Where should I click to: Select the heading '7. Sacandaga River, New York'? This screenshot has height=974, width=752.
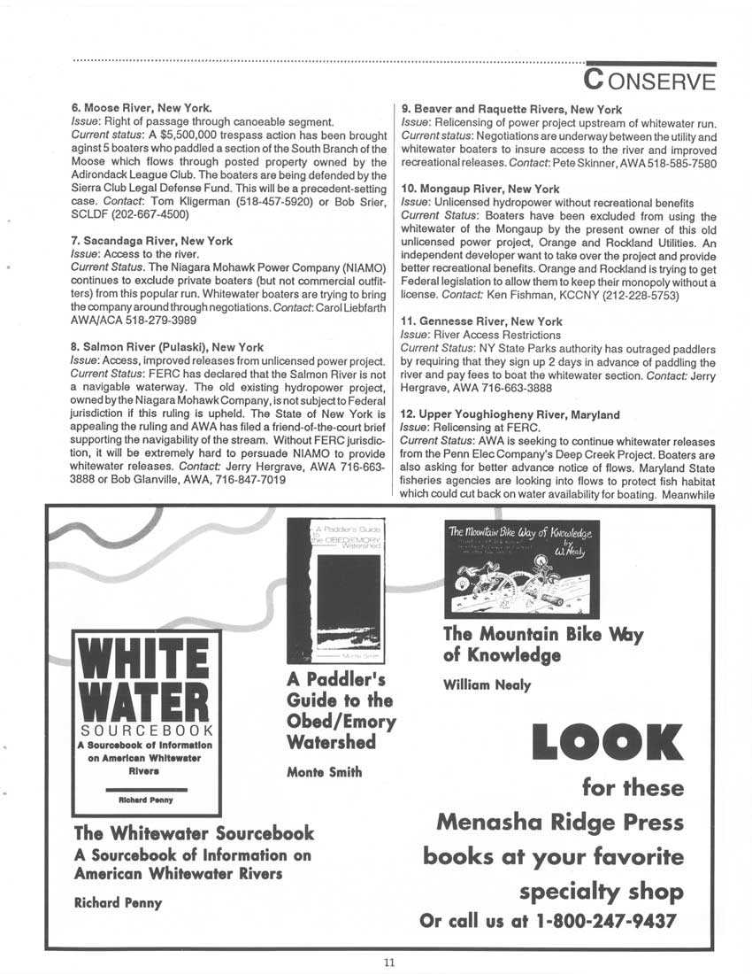pyautogui.click(x=152, y=240)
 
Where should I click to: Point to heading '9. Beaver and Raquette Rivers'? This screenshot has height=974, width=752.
pyautogui.click(x=511, y=109)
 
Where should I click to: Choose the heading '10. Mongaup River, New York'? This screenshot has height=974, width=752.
pyautogui.click(x=480, y=189)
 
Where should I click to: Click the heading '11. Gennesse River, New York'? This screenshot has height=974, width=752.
pyautogui.click(x=481, y=321)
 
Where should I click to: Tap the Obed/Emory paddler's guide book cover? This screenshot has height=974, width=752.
pyautogui.click(x=334, y=591)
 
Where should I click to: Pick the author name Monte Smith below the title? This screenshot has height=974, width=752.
pyautogui.click(x=325, y=772)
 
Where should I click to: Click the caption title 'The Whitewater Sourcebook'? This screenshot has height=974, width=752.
pyautogui.click(x=194, y=833)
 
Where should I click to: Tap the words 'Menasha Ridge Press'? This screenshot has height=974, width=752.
pyautogui.click(x=560, y=823)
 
